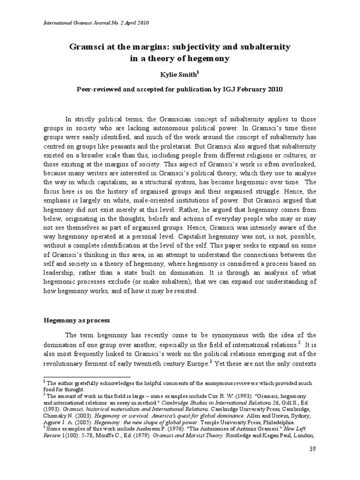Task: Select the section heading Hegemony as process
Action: pos(76,320)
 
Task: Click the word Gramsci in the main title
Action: pos(85,47)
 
